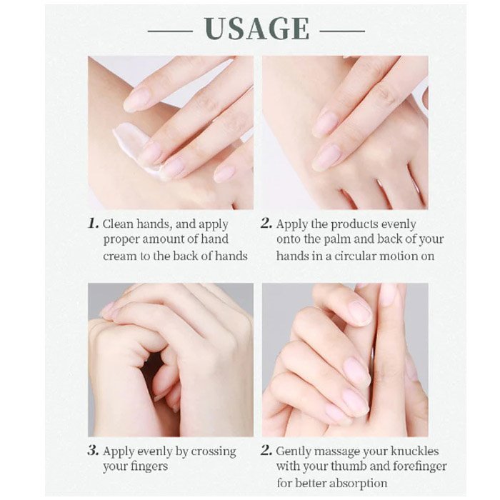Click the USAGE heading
click(x=256, y=29)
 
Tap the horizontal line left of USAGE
click(x=170, y=31)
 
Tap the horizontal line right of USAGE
click(x=342, y=31)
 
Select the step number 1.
click(x=93, y=224)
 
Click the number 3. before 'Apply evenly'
click(x=93, y=451)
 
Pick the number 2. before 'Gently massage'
click(x=266, y=451)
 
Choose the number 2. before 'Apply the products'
click(x=266, y=224)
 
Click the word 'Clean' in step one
click(x=119, y=224)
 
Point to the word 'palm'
click(x=337, y=240)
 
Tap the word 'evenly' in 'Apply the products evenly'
click(x=399, y=225)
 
